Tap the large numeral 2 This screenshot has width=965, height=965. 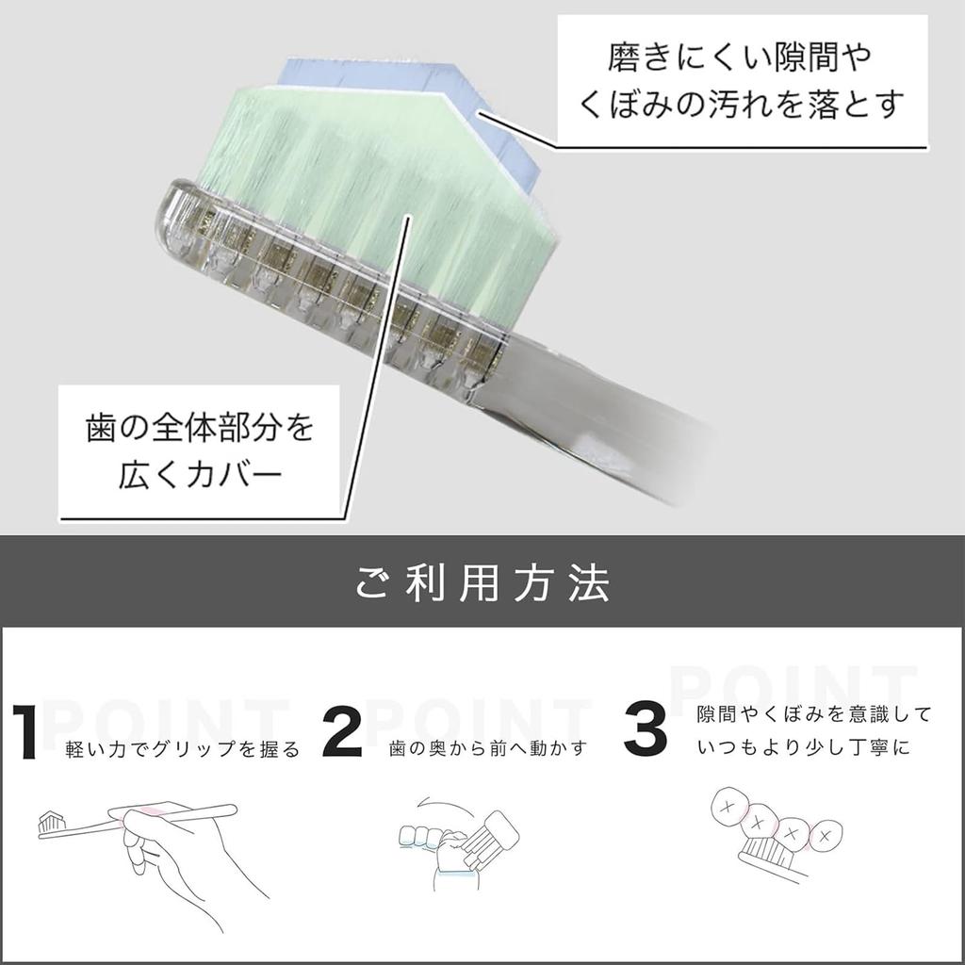[341, 731]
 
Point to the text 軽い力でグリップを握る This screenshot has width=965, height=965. [183, 750]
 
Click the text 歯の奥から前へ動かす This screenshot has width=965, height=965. [488, 749]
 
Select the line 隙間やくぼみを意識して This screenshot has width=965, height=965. [813, 714]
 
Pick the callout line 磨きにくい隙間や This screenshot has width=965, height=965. [740, 58]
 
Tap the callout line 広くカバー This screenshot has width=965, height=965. [199, 472]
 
